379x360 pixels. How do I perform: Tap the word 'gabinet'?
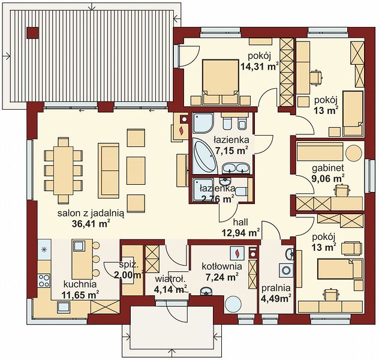tap(328, 168)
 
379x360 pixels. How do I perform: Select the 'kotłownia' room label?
tap(222, 266)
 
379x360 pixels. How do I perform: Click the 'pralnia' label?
tap(276, 288)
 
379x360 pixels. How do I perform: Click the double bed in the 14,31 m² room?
tap(220, 82)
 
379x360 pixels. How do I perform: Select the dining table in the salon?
tap(64, 170)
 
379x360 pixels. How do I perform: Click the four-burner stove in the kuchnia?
tap(44, 280)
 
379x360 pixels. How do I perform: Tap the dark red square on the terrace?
tap(32, 32)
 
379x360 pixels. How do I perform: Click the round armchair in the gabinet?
tap(354, 153)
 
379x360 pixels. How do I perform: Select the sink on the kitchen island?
tap(79, 246)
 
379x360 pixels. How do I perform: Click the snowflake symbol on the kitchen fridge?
tap(44, 250)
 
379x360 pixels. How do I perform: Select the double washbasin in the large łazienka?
tap(236, 168)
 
